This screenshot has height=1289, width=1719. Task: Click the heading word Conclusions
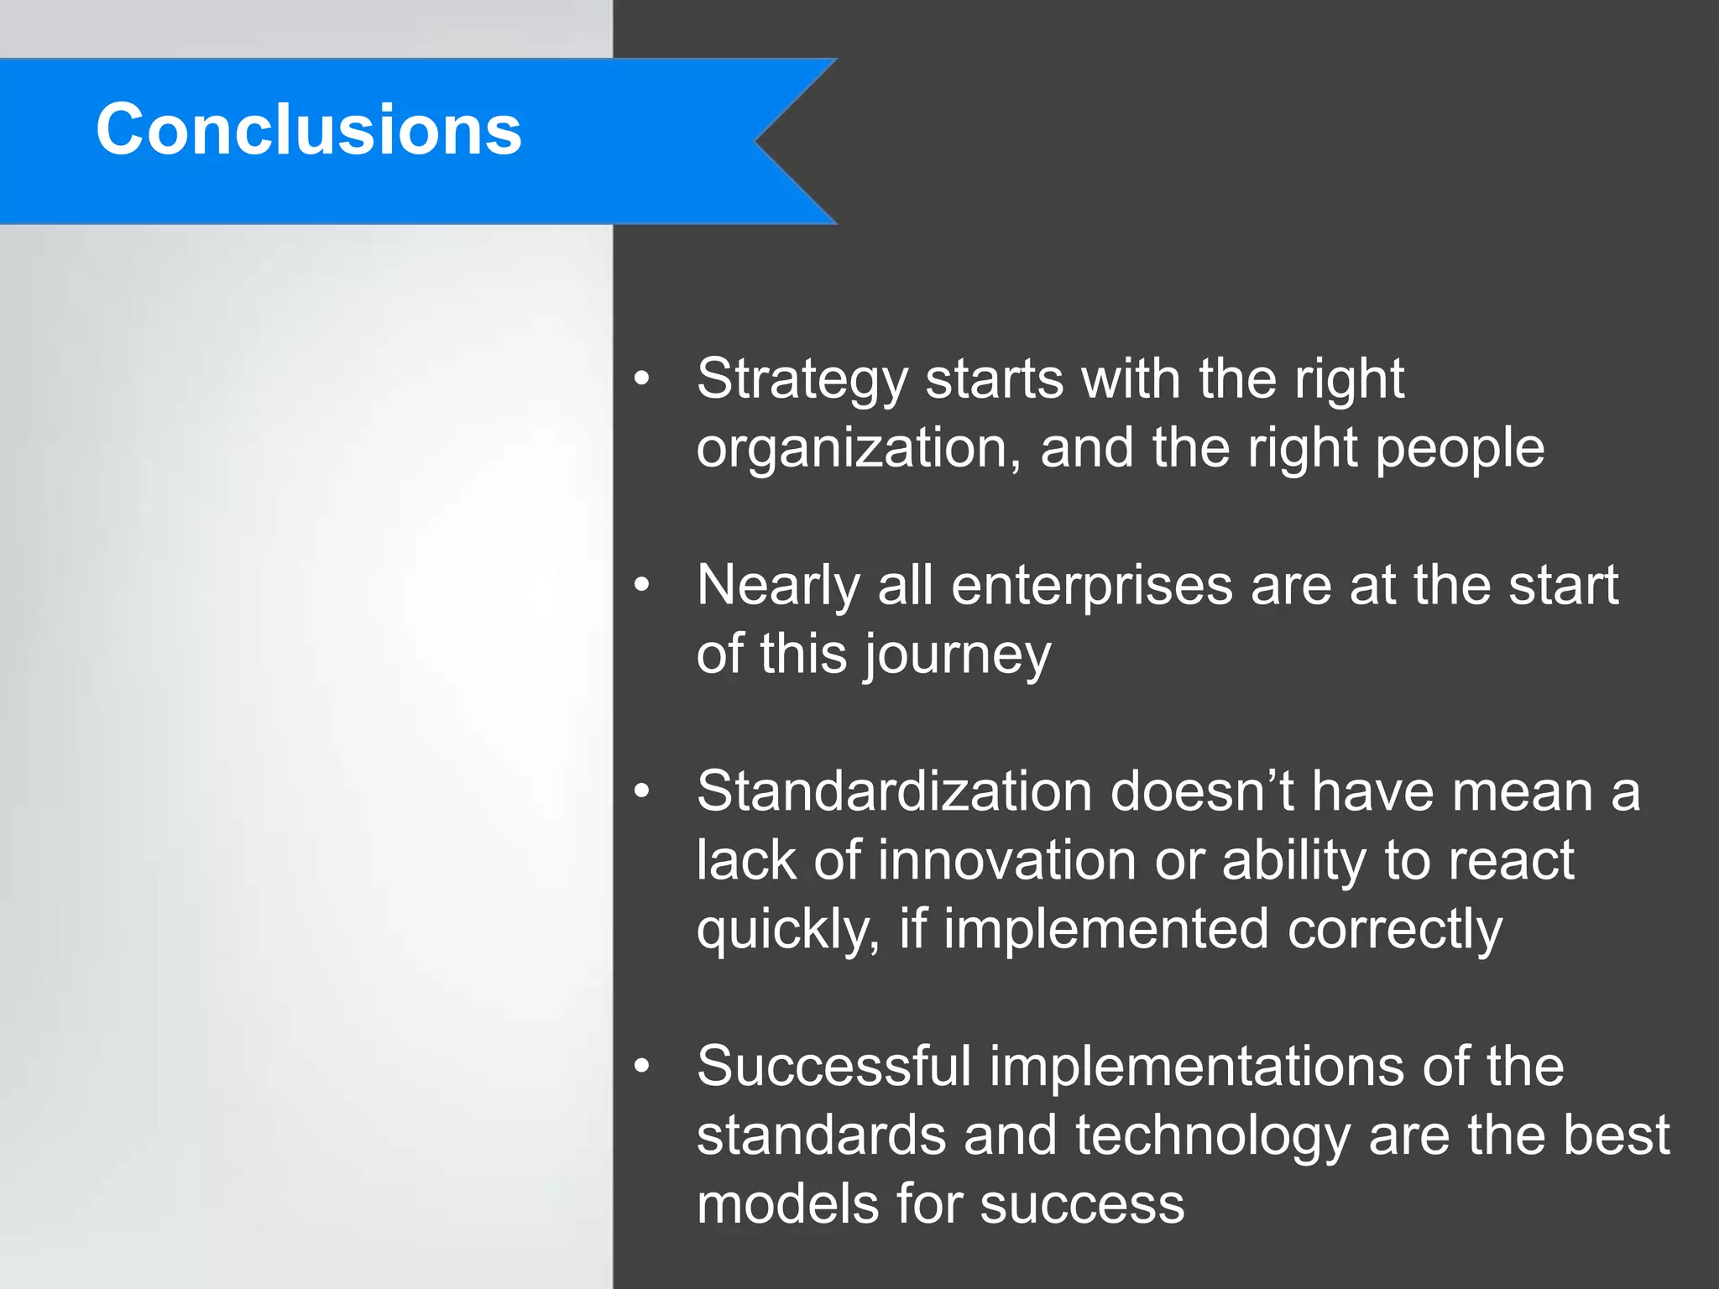pos(308,129)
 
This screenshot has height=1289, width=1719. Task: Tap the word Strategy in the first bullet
pos(802,379)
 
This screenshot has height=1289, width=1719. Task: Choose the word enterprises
pos(1092,586)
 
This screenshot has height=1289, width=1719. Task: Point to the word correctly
pos(1394,930)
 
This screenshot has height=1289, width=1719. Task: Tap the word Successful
pos(833,1067)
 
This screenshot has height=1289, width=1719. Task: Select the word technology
pos(1212,1136)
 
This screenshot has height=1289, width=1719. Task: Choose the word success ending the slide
pos(1082,1205)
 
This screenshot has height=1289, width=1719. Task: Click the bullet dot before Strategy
pos(642,378)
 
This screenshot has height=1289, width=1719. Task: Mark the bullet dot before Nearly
pos(642,585)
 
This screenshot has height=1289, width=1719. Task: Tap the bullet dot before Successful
pos(642,1067)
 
